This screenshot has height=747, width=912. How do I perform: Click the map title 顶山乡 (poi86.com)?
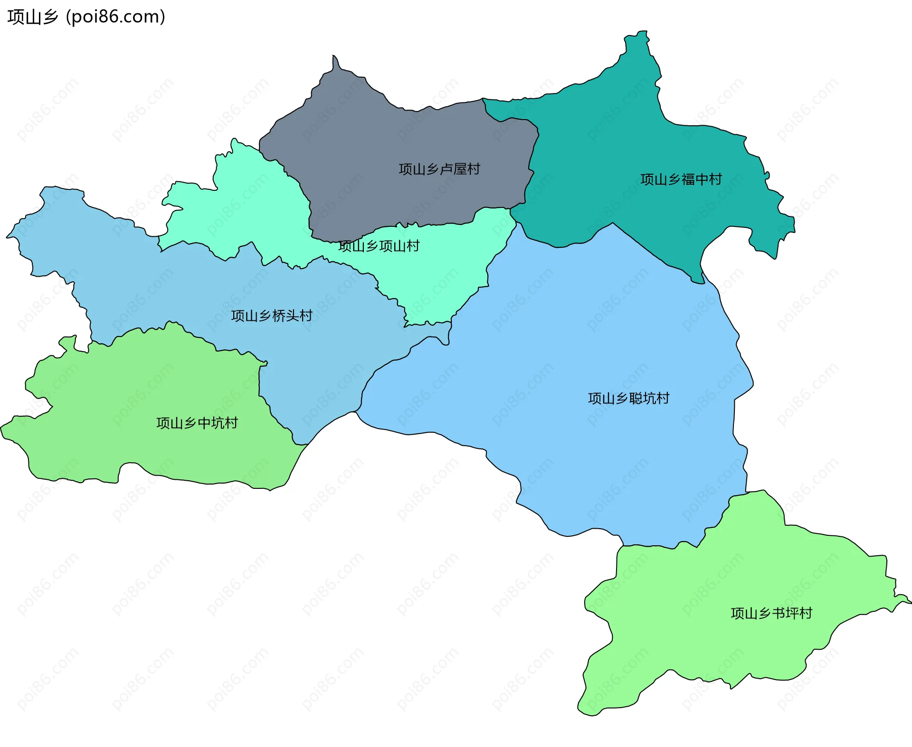pos(86,17)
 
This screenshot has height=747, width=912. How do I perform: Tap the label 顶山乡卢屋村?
pos(439,169)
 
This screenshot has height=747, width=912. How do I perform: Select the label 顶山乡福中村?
pos(681,179)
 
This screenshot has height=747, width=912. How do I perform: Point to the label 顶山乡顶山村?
pos(379,246)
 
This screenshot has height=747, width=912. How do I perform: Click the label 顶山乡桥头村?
pos(272,316)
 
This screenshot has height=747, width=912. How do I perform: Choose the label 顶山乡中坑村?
pos(197,423)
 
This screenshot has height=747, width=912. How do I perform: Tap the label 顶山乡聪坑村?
pos(629,398)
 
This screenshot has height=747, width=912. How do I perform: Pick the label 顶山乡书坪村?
pos(771,613)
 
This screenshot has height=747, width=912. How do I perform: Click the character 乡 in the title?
pos(50,17)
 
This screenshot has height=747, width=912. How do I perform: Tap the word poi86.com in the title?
pos(115,17)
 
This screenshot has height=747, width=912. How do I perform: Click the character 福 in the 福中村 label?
pos(688,179)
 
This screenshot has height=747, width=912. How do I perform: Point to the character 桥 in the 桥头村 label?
pos(279,316)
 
